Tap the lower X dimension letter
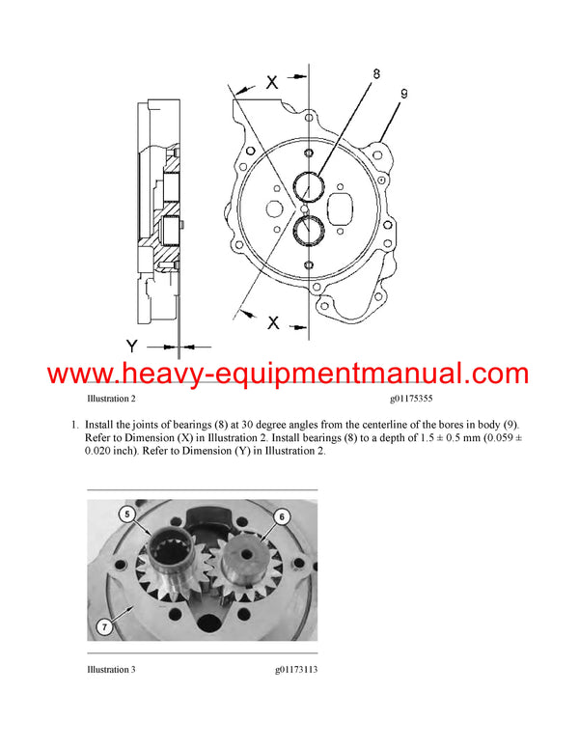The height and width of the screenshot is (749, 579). (x=273, y=323)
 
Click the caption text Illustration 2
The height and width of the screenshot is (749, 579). (x=111, y=398)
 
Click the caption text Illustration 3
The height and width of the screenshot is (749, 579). (x=111, y=669)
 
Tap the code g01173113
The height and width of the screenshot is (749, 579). (x=294, y=669)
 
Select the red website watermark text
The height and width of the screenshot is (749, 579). (x=289, y=374)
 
